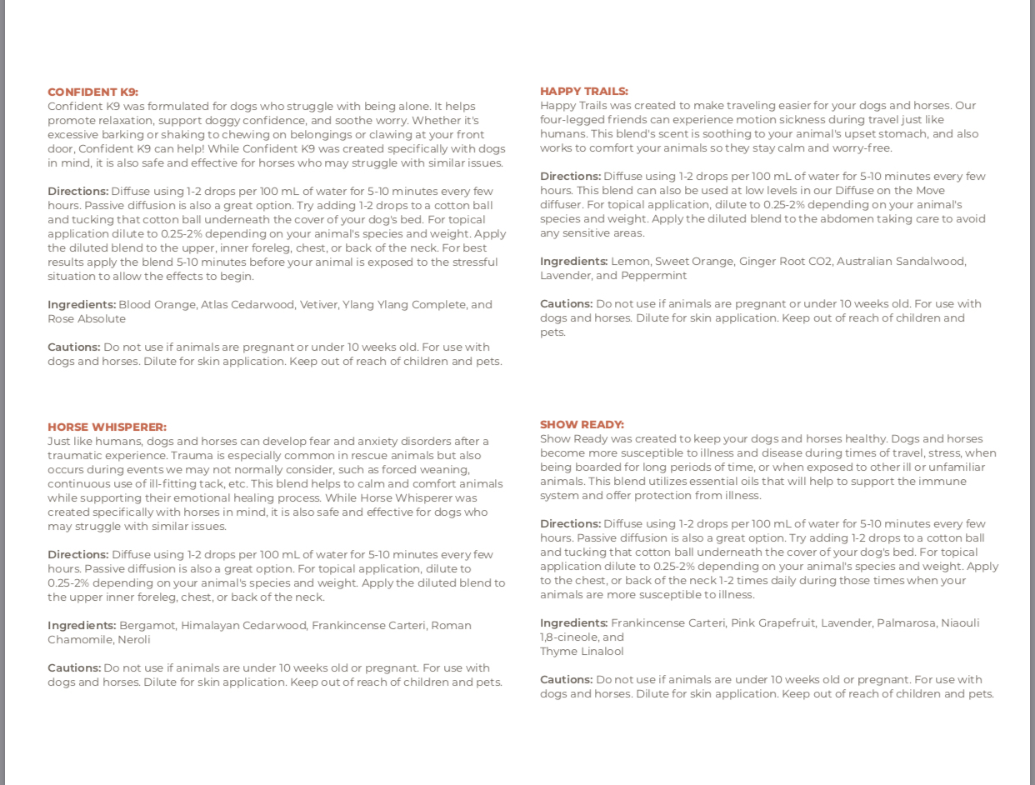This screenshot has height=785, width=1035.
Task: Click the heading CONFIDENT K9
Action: click(92, 92)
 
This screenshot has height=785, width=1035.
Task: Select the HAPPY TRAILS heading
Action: click(583, 91)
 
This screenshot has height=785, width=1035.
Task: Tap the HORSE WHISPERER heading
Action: click(107, 427)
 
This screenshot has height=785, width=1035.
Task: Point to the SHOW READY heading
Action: click(582, 424)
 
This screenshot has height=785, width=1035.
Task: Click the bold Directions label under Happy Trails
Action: click(570, 176)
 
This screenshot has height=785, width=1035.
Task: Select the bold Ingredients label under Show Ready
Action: click(573, 622)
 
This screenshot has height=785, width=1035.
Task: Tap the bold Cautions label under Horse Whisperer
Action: click(74, 667)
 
